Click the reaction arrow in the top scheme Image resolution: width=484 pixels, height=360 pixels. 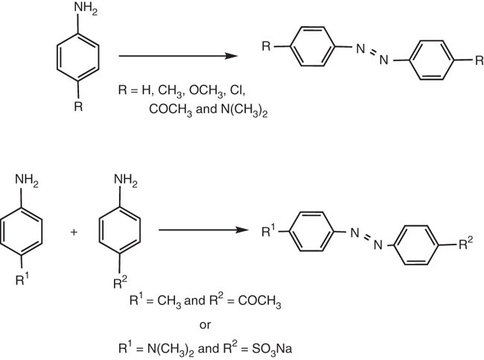pos(179,56)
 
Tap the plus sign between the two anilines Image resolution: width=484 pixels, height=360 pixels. pos(74,232)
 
